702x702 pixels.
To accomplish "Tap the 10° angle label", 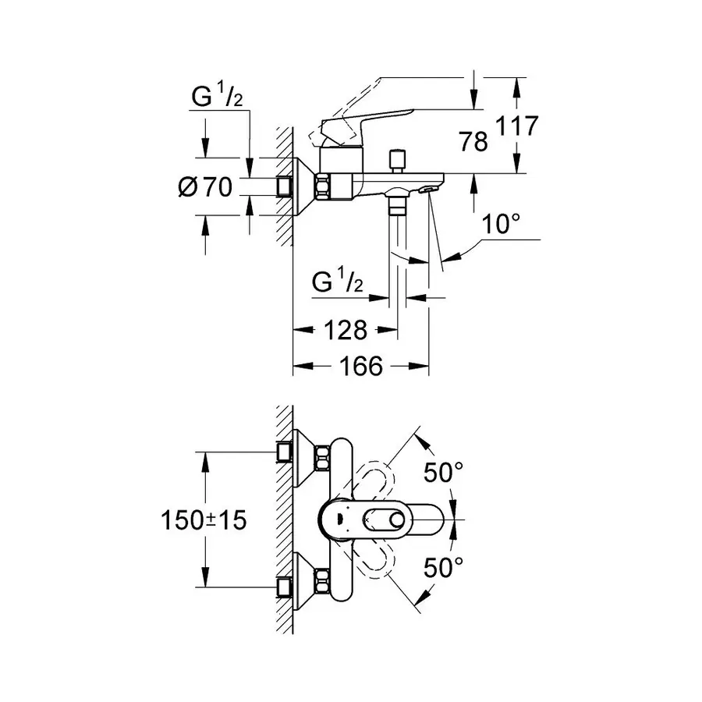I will (x=500, y=224).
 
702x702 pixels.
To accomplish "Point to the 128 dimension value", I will (x=346, y=330).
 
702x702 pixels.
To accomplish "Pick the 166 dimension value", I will (x=361, y=366).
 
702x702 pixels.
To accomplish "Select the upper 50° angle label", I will (x=444, y=471).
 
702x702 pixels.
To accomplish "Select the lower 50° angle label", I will (x=444, y=568).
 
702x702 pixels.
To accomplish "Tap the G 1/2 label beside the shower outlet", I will (x=338, y=282).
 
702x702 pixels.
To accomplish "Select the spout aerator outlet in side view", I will (x=430, y=188).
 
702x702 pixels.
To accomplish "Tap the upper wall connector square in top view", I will (x=285, y=452).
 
